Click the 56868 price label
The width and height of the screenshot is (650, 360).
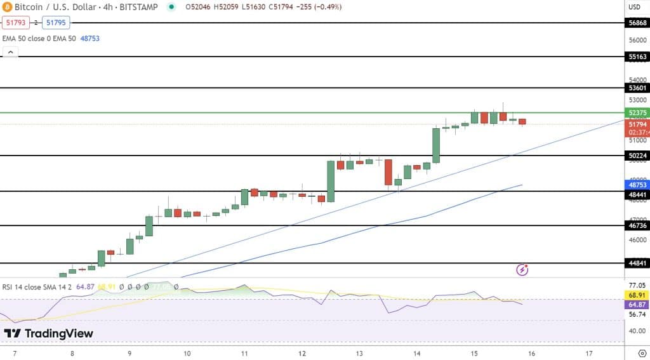(x=637, y=22)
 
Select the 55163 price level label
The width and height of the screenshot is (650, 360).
(x=637, y=57)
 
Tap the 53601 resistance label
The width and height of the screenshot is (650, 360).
(x=637, y=88)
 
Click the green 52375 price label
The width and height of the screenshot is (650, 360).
(x=637, y=112)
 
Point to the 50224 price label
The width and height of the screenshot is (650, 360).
(x=637, y=156)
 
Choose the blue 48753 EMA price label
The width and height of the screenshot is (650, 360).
(x=637, y=183)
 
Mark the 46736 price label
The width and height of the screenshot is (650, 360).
(x=637, y=225)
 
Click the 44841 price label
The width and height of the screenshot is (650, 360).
(x=637, y=263)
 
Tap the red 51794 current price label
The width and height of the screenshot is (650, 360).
(x=637, y=124)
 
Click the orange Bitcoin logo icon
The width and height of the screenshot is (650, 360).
(x=8, y=7)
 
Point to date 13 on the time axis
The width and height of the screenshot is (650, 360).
(x=359, y=353)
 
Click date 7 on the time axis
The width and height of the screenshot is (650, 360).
(x=14, y=353)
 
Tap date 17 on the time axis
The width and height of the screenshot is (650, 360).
(x=589, y=353)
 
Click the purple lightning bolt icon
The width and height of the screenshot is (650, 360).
(x=522, y=270)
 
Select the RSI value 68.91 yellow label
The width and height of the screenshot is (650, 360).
(x=637, y=296)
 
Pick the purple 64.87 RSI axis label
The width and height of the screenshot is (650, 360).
(x=637, y=305)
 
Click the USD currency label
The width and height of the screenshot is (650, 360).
(x=634, y=8)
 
